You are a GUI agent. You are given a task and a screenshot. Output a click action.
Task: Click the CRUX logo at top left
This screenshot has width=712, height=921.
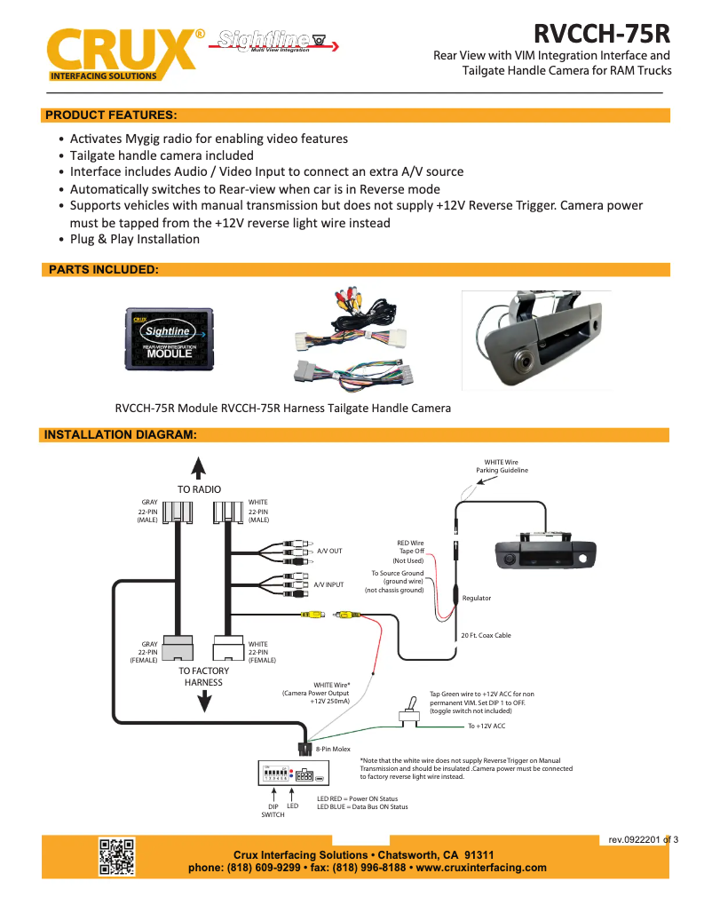pyautogui.click(x=120, y=52)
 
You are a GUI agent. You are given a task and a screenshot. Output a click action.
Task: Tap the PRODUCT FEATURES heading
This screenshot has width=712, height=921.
pyautogui.click(x=111, y=115)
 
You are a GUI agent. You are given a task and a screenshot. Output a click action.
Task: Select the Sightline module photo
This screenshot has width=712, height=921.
pyautogui.click(x=168, y=338)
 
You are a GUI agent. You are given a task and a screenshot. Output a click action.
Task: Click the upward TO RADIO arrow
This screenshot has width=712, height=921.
pyautogui.click(x=199, y=468)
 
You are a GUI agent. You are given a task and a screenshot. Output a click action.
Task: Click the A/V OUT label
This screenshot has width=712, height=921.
pyautogui.click(x=329, y=552)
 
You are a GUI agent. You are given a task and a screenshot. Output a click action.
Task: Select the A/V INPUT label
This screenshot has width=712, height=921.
pyautogui.click(x=328, y=585)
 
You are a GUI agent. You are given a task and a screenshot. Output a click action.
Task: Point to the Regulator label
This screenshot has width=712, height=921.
pyautogui.click(x=477, y=599)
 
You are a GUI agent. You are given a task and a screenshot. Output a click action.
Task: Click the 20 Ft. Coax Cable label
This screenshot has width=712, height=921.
pyautogui.click(x=486, y=635)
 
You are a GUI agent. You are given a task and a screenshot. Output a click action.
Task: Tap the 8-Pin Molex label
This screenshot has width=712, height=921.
pyautogui.click(x=333, y=750)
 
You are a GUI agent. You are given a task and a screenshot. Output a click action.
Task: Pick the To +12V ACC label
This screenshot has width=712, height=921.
pyautogui.click(x=487, y=726)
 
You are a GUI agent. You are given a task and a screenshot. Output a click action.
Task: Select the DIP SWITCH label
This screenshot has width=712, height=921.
pyautogui.click(x=273, y=810)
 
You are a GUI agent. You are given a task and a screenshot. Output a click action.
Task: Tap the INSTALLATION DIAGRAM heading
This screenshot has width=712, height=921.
pyautogui.click(x=120, y=435)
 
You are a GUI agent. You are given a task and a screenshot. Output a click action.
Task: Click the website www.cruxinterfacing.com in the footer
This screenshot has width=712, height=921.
pyautogui.click(x=481, y=868)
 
